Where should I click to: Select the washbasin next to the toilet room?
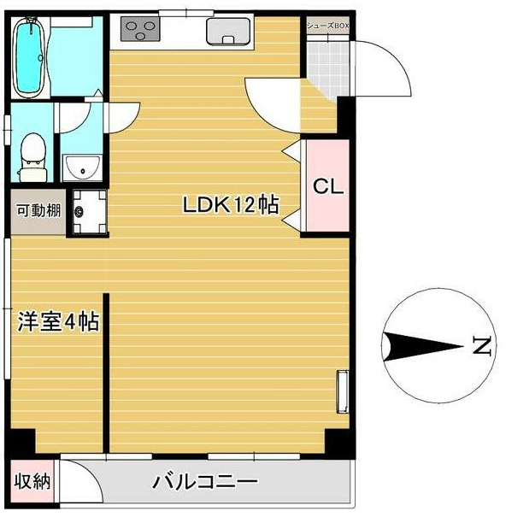pyautogui.click(x=83, y=165)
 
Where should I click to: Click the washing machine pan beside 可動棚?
pyautogui.click(x=87, y=209)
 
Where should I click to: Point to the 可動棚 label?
pyautogui.click(x=38, y=209)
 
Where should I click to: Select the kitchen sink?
pyautogui.click(x=227, y=32)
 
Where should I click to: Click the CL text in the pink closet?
pyautogui.click(x=327, y=187)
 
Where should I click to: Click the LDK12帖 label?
pyautogui.click(x=229, y=205)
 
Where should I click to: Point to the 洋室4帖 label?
pyautogui.click(x=58, y=322)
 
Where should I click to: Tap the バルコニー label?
pyautogui.click(x=205, y=482)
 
